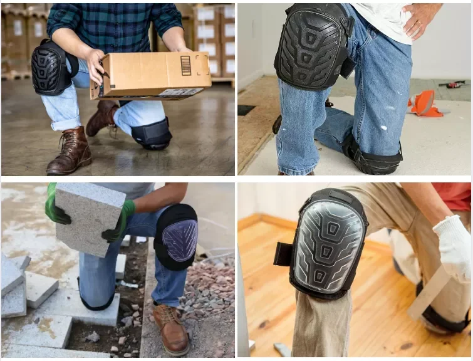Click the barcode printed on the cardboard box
coord(185,65)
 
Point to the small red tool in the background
coord(451,83)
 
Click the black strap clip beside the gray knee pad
coord(283,254)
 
